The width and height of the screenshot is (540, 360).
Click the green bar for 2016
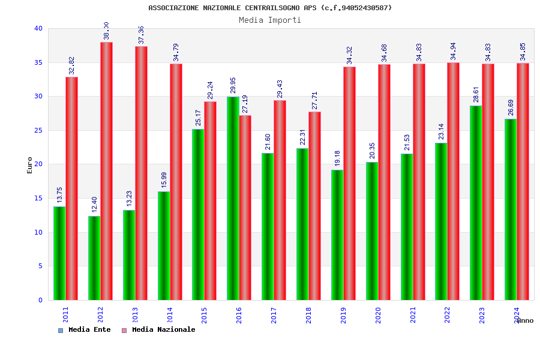[x=233, y=198]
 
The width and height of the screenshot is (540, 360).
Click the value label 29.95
[x=233, y=85]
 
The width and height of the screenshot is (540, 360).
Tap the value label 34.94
[x=454, y=51]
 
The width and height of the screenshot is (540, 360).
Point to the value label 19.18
[x=338, y=158]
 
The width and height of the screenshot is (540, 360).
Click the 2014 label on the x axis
[x=170, y=315]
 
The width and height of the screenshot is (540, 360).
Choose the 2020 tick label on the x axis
[x=378, y=315]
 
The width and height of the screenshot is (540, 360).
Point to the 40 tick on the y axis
[x=38, y=28]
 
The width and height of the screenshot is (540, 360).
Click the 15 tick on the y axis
[x=38, y=198]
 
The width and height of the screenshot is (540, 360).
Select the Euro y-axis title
[x=30, y=165]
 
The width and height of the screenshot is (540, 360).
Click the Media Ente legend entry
[x=89, y=329]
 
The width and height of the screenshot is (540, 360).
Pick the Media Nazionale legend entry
[x=163, y=329]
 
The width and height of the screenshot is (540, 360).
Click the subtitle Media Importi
[x=270, y=20]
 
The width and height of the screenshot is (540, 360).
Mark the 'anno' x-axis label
[x=525, y=320]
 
